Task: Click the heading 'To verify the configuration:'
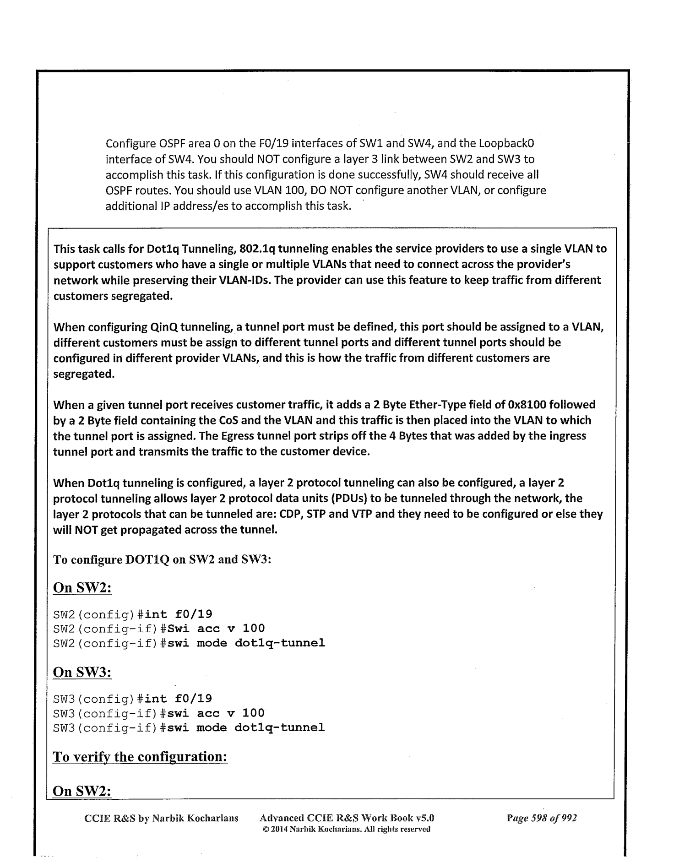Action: [x=140, y=757]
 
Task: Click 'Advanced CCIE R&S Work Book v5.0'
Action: [x=347, y=818]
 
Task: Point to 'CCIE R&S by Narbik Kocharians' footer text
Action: [x=162, y=818]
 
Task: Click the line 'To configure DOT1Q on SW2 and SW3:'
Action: [x=163, y=560]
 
